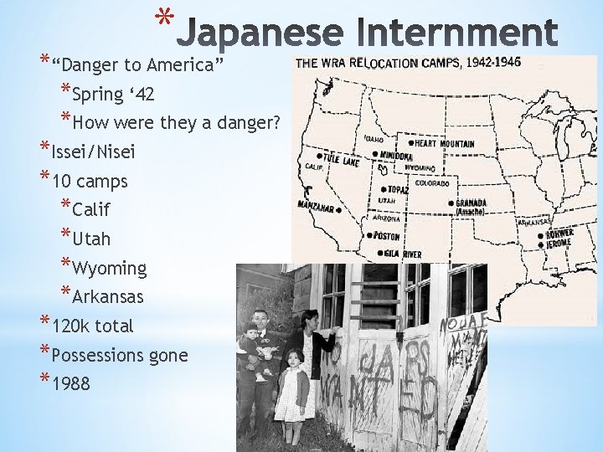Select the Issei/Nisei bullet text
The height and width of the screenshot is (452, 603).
point(93,152)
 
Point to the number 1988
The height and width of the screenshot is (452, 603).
point(72,384)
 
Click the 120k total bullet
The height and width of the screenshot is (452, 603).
point(92,326)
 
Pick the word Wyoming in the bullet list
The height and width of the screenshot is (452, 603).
point(109,268)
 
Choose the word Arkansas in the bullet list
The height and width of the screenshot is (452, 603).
point(108,296)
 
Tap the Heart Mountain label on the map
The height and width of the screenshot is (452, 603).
point(444,144)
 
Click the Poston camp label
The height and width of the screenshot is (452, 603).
point(385,236)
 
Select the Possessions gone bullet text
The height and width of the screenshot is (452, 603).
point(119,355)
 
